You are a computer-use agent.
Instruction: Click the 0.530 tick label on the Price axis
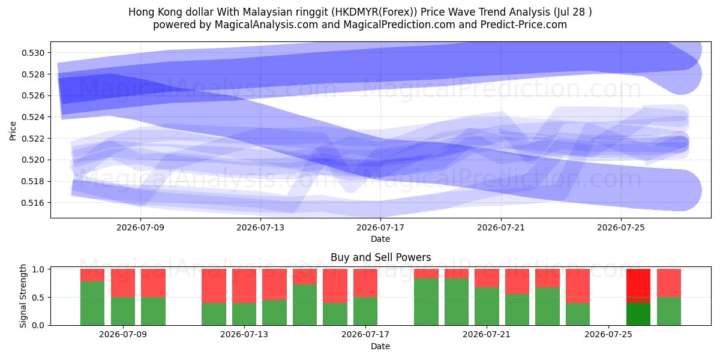(x=34, y=53)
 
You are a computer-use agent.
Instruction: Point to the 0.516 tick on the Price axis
(x=34, y=203)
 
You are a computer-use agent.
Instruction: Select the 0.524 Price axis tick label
(x=34, y=117)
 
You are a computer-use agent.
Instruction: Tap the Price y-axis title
(x=13, y=131)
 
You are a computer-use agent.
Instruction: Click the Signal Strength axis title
(x=23, y=296)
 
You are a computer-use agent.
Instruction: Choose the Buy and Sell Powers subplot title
(x=380, y=257)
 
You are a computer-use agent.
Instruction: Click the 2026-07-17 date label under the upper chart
(x=380, y=227)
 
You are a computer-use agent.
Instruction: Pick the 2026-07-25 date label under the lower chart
(x=608, y=335)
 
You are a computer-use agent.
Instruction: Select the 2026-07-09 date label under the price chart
(x=140, y=227)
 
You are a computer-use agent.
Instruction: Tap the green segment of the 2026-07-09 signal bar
(x=123, y=311)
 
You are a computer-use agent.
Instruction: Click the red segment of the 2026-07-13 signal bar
(x=244, y=286)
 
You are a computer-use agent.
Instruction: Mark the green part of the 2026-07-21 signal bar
(x=487, y=307)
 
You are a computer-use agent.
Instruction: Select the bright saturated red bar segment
(x=638, y=283)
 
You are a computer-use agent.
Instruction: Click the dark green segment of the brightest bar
(x=638, y=314)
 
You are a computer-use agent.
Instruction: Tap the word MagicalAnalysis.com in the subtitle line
(x=266, y=25)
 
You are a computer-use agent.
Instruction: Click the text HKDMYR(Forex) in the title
(x=374, y=12)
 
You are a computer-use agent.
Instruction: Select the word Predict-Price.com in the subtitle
(x=524, y=25)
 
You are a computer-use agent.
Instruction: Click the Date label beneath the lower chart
(x=380, y=346)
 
